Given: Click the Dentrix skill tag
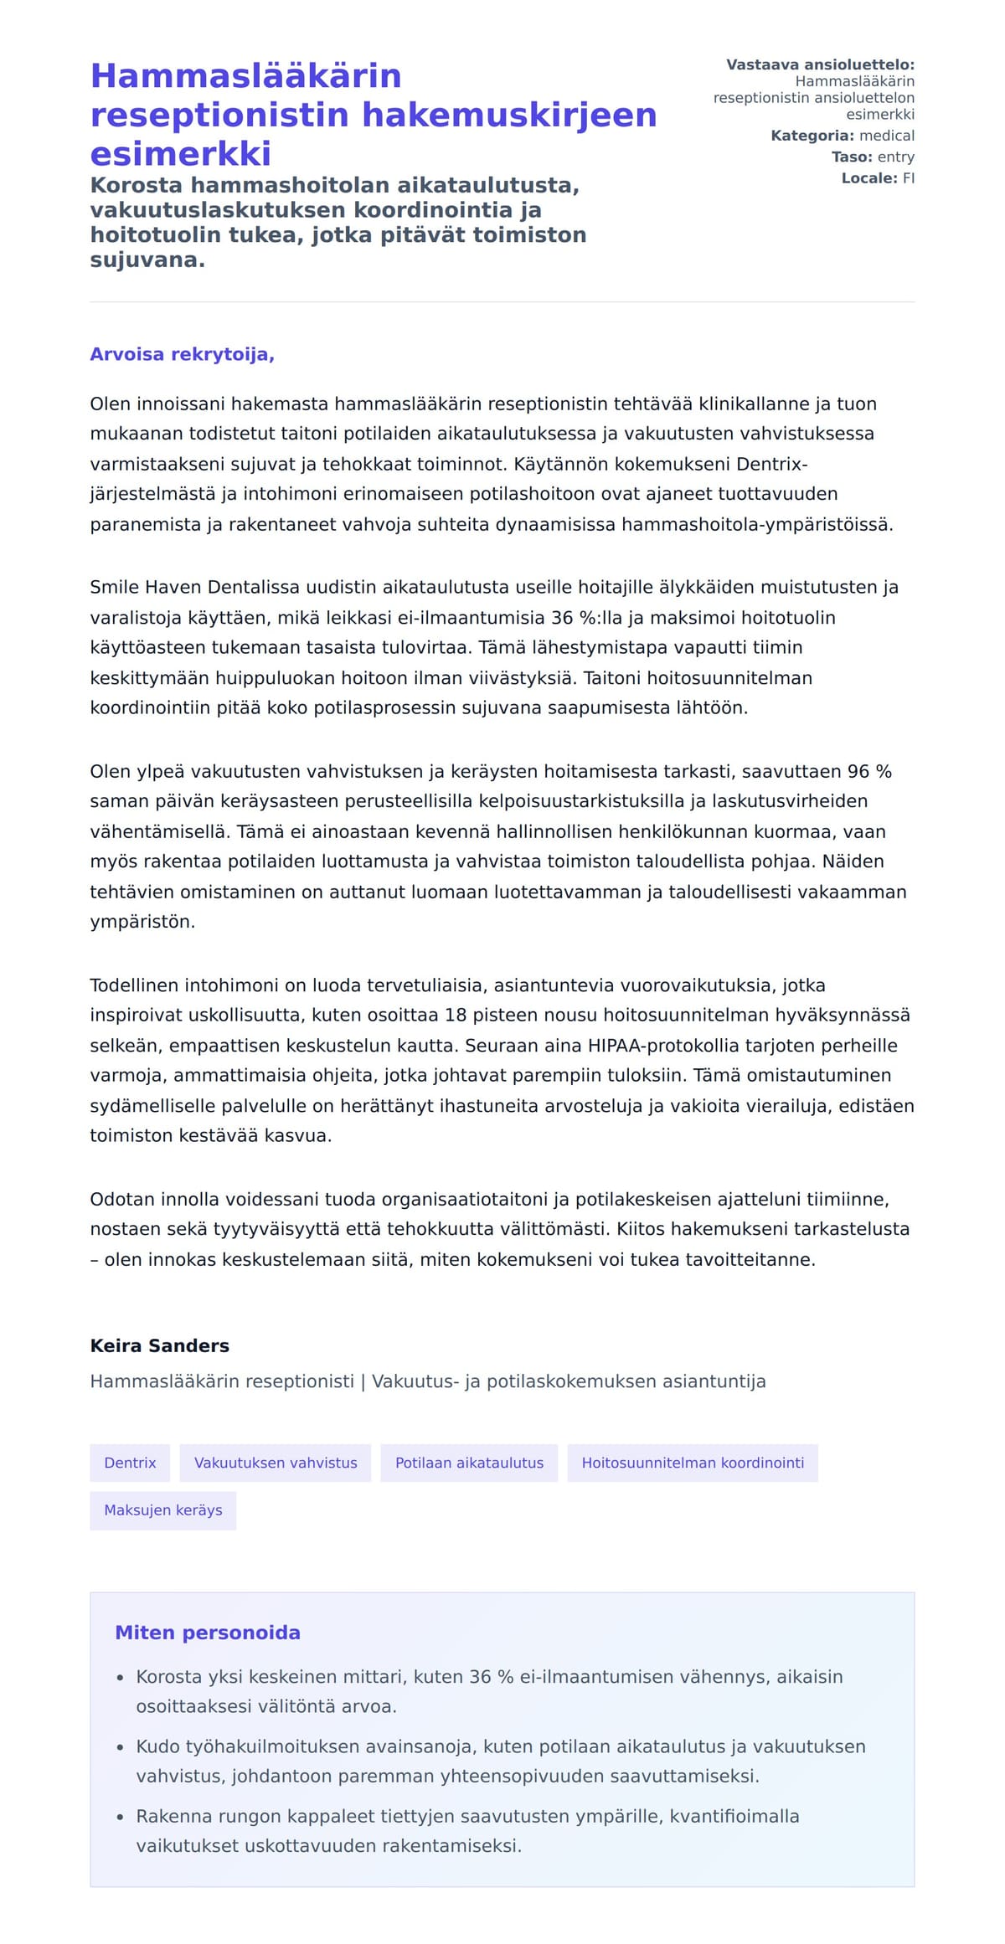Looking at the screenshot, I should coord(130,1463).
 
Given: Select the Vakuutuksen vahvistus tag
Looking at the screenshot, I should coord(276,1463).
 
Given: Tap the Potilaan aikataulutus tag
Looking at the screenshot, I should coord(469,1463).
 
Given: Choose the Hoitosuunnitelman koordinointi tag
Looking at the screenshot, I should coord(693,1463).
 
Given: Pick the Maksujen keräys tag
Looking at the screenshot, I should coord(163,1510).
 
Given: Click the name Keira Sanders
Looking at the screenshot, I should coord(159,1345).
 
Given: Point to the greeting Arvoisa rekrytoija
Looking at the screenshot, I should coord(182,354).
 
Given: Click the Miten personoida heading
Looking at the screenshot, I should coord(208,1632).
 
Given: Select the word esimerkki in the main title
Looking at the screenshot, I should coord(181,154).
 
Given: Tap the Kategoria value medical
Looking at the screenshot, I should coord(887,136).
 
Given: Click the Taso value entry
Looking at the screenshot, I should coord(895,157).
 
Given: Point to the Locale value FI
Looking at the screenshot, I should coord(908,177).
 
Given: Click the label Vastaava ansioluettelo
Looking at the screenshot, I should coord(820,64).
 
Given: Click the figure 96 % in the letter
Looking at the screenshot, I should coord(869,771).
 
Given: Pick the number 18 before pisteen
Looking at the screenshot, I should coord(455,1015).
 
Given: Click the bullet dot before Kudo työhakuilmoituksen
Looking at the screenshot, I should coord(121,1747).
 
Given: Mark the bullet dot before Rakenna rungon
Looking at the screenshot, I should coord(121,1817).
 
